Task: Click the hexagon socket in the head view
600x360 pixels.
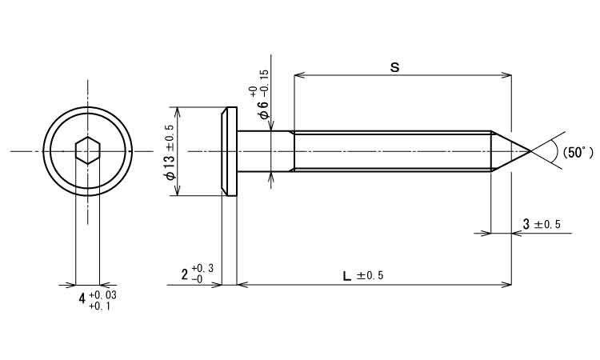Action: point(88,150)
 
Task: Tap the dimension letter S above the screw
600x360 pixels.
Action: point(394,67)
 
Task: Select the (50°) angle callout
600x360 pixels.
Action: point(578,153)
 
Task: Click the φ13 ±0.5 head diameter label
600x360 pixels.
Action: point(170,152)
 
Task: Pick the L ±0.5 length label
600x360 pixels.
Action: point(362,276)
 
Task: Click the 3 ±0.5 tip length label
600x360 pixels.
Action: point(542,224)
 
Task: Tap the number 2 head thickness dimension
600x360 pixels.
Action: point(186,274)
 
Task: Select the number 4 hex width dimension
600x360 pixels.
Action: point(82,298)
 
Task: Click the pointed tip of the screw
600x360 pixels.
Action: point(530,151)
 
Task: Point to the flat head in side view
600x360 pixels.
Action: point(230,151)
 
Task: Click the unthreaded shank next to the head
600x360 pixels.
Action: point(266,151)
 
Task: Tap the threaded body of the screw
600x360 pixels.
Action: point(393,151)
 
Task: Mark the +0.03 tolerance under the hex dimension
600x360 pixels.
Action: point(102,295)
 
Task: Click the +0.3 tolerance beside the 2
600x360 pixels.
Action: point(203,269)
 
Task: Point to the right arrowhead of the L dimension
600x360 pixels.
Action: point(506,285)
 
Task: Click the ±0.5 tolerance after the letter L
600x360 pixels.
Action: point(370,276)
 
